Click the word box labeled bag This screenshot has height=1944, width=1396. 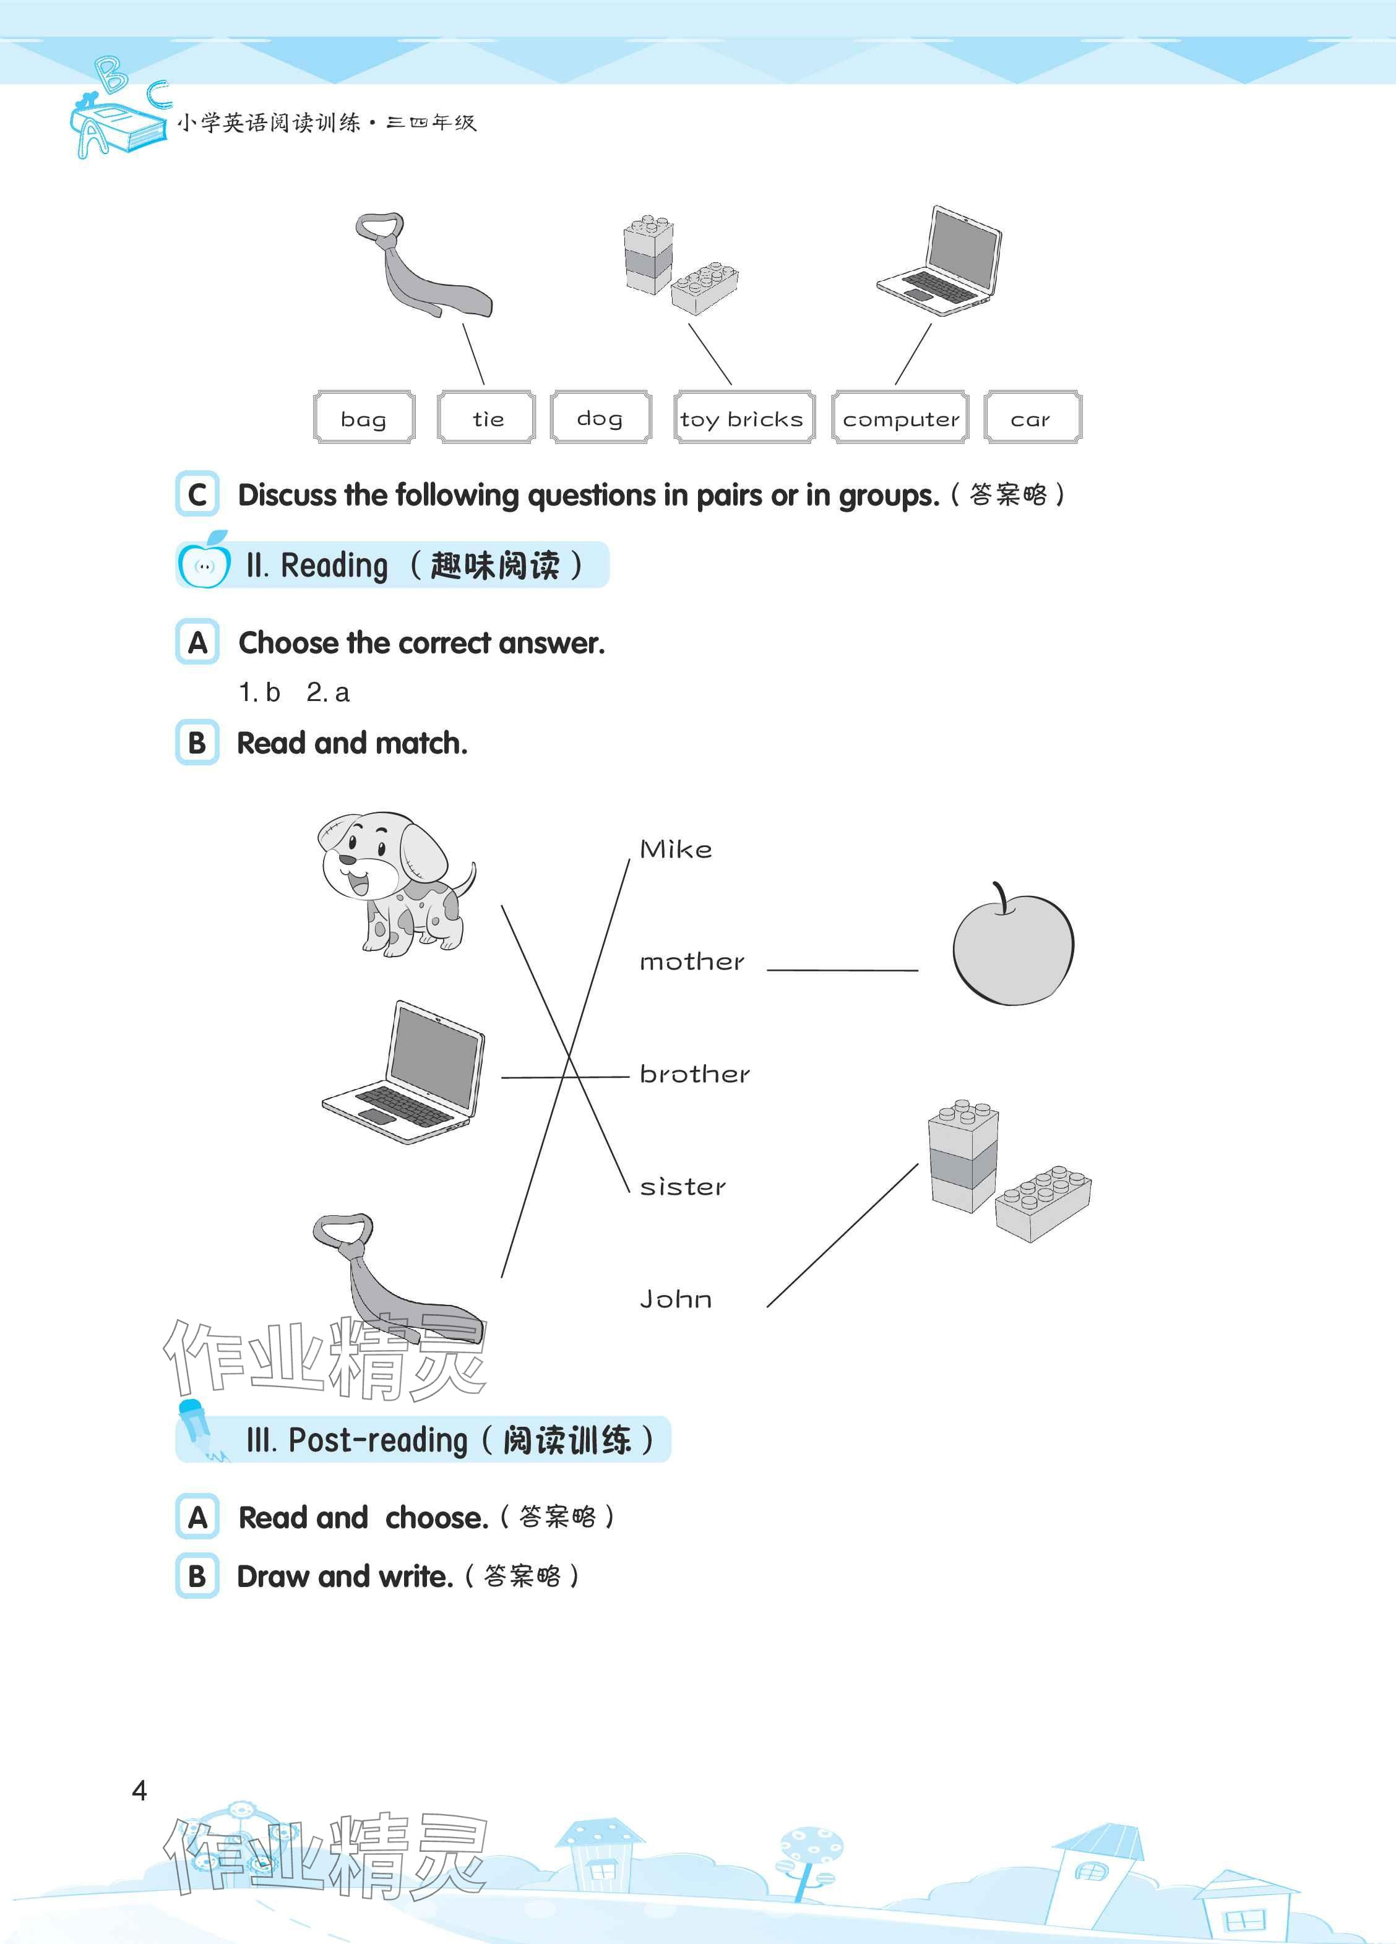(364, 418)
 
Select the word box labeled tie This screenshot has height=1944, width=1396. (486, 418)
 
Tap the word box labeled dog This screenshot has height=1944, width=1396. (600, 418)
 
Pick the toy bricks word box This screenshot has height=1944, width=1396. (743, 418)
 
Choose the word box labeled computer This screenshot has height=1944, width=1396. (900, 418)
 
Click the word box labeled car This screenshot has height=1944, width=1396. (1032, 418)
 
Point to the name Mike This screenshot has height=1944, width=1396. (676, 849)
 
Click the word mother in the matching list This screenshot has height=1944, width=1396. (692, 961)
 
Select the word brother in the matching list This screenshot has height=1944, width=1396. (694, 1074)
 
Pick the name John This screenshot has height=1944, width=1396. (676, 1299)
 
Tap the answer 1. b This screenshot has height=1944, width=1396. (259, 692)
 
